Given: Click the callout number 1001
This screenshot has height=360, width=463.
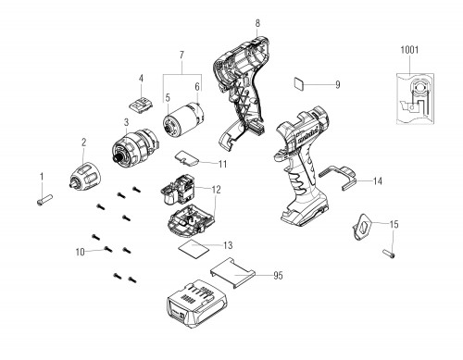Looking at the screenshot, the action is [x=409, y=50].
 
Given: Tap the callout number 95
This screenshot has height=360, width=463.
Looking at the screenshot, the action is [x=278, y=275].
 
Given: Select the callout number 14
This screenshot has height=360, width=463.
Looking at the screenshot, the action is [x=378, y=181].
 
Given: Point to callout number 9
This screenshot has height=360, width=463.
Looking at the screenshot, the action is [x=338, y=84].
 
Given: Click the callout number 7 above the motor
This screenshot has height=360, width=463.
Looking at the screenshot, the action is [x=181, y=56].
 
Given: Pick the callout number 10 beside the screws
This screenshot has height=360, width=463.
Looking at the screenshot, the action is [x=80, y=252].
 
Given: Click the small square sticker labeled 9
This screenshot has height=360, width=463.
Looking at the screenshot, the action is [x=298, y=83].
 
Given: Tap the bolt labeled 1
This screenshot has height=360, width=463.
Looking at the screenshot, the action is [x=44, y=199].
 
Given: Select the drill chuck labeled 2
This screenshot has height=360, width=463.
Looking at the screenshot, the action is [x=84, y=176].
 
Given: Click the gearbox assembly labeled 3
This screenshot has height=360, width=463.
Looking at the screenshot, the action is [x=134, y=146].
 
